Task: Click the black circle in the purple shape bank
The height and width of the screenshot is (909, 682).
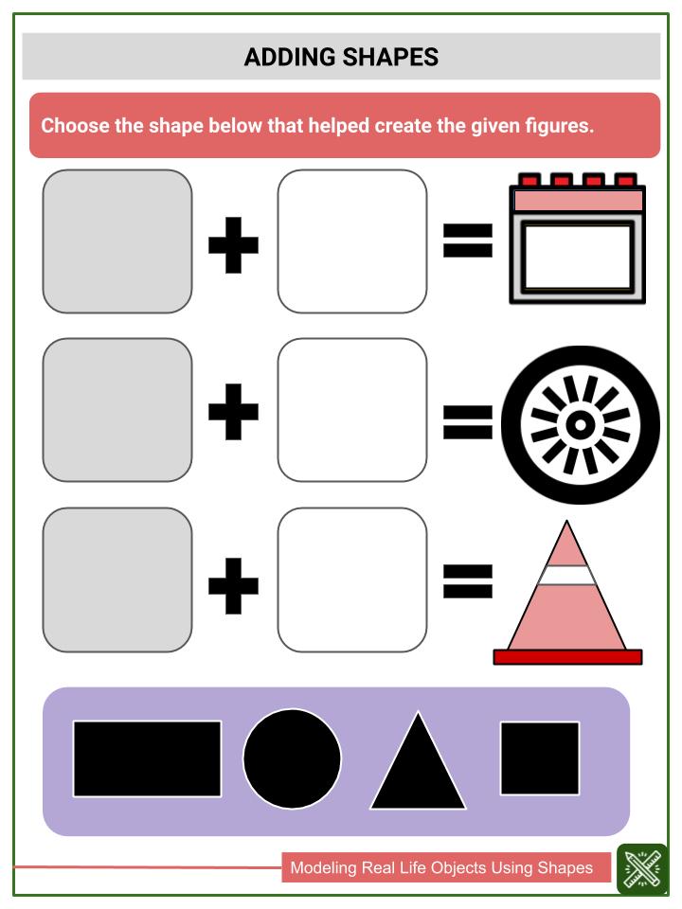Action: [x=293, y=758]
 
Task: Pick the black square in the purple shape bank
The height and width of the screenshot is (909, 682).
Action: [x=540, y=758]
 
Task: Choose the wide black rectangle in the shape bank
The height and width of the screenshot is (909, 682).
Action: [x=148, y=758]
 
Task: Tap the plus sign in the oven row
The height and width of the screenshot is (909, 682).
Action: [x=233, y=245]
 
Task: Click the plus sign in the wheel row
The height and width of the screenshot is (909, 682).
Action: [x=233, y=412]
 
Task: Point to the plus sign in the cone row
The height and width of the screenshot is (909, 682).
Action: [x=233, y=585]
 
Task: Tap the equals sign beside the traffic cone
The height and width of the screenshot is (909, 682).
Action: [x=468, y=581]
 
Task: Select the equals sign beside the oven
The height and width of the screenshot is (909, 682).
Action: [x=468, y=241]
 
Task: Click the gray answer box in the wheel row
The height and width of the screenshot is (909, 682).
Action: [x=117, y=410]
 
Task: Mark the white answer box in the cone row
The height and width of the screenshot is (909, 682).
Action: [x=352, y=579]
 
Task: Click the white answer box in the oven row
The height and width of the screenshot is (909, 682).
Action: [x=352, y=241]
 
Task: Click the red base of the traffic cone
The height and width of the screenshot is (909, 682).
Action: [x=567, y=657]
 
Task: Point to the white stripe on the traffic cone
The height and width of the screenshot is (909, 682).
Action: [x=566, y=575]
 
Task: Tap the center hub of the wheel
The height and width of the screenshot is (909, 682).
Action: [x=580, y=425]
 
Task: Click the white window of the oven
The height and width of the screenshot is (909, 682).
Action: [x=578, y=257]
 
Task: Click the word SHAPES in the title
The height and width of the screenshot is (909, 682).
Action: [x=390, y=57]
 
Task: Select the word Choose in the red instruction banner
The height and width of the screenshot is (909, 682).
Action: [x=76, y=125]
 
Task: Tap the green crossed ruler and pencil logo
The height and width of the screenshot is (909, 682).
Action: [x=642, y=869]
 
